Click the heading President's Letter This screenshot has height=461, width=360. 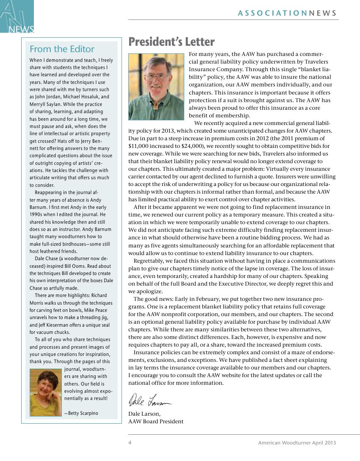171,42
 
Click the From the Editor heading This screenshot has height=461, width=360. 62,49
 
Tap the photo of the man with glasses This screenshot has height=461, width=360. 156,86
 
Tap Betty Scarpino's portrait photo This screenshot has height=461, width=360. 46,392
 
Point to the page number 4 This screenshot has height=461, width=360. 130,443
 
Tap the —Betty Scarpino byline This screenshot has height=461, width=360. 81,413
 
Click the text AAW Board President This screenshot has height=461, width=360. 156,421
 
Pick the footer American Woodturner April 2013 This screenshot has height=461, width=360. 297,443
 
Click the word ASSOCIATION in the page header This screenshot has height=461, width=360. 272,13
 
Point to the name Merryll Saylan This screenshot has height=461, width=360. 45,104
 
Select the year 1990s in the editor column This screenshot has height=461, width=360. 37,214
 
